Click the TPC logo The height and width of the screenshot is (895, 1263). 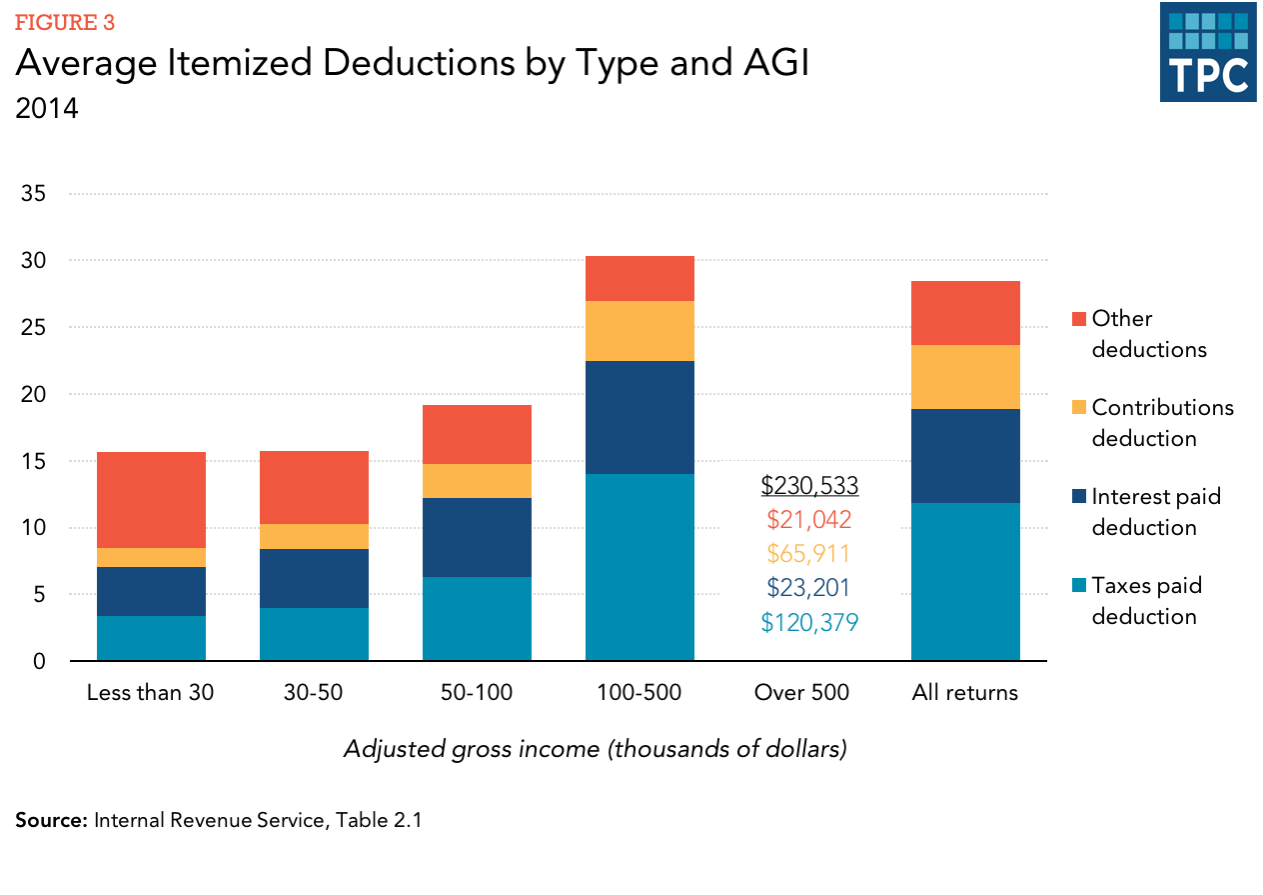1207,52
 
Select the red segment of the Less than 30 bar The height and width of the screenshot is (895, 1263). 151,500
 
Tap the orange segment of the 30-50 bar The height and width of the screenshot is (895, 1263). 314,536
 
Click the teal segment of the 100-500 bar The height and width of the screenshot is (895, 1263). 639,567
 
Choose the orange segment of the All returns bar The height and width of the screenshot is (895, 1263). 965,377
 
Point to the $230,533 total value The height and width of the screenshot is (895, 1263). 809,486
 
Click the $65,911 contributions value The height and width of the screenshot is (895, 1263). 809,554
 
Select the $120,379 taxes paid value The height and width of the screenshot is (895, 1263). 809,623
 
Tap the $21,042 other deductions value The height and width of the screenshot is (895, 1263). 809,520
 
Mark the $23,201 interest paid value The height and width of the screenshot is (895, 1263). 809,588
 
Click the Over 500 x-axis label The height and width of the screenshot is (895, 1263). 801,693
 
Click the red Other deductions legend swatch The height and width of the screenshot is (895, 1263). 1077,319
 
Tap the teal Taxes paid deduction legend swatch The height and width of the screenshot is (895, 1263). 1077,586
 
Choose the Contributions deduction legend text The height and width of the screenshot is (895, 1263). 1162,423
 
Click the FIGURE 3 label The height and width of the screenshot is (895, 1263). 57,22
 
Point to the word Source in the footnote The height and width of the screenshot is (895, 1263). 50,821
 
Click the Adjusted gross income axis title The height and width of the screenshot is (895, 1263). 595,749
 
